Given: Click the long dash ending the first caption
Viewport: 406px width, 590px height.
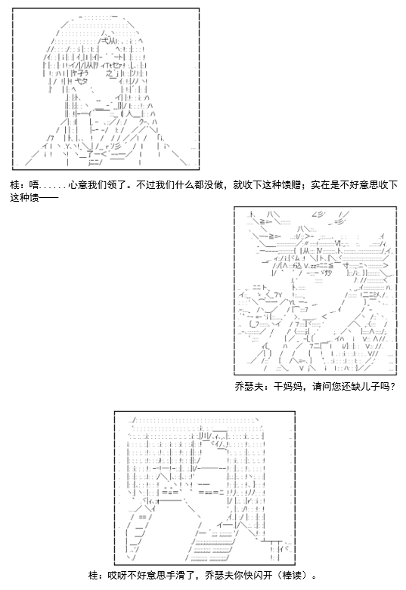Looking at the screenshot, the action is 49,197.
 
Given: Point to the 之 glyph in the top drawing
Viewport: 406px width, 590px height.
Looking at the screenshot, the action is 109,73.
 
